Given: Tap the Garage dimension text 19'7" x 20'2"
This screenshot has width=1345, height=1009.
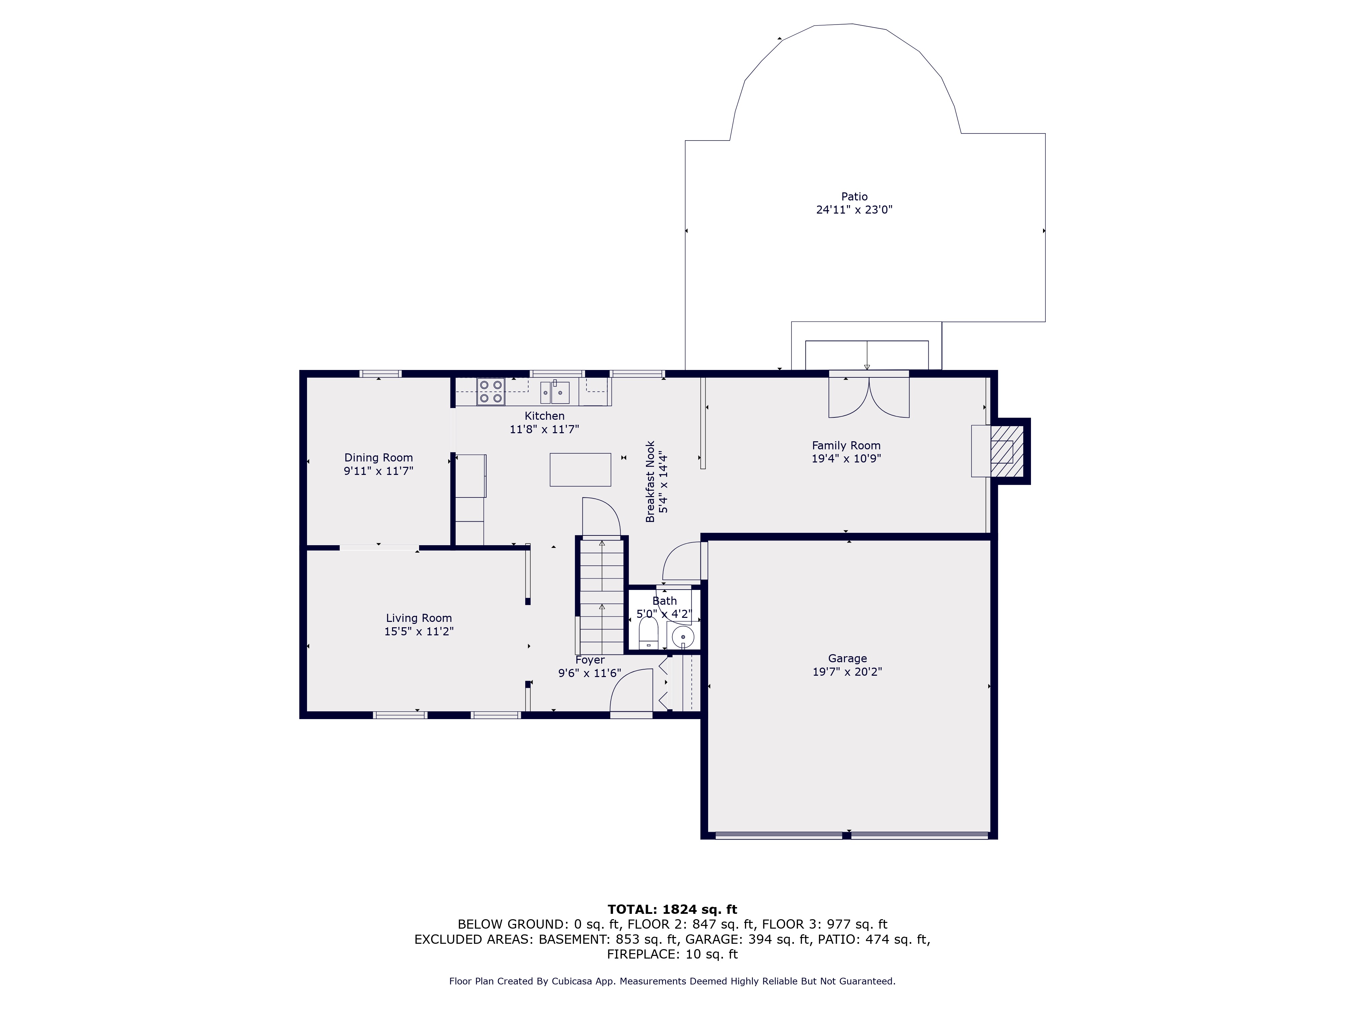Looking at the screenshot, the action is pos(847,671).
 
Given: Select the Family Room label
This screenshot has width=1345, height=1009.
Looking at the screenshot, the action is pos(846,445).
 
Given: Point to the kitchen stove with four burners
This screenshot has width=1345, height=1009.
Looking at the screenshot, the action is pos(491,391).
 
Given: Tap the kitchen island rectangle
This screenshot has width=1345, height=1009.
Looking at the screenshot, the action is pos(580,470).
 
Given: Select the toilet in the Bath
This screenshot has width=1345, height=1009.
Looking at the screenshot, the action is pos(648,633).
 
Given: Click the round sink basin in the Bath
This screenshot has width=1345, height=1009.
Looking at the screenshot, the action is pos(683,637).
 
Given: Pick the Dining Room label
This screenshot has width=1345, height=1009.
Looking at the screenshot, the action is pos(378,457).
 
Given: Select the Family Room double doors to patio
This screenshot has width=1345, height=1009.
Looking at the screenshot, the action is pos(869,395).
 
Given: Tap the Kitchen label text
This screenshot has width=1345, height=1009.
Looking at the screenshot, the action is pos(544,416).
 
